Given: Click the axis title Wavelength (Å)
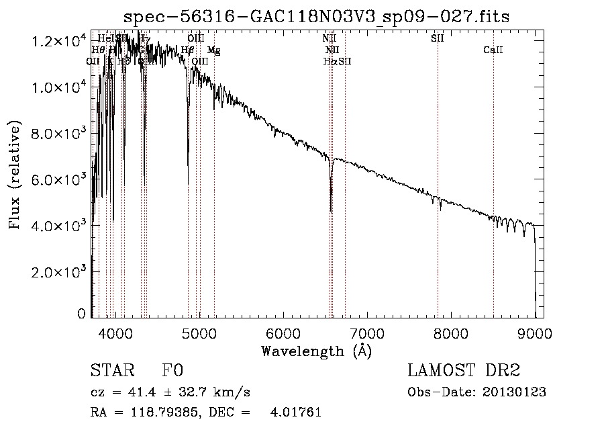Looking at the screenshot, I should [316, 351].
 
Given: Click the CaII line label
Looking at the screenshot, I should [493, 50].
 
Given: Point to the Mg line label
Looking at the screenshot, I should [213, 50].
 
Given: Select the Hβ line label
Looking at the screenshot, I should [187, 50].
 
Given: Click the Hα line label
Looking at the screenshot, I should [329, 61].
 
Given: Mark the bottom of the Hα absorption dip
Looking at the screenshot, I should [331, 212].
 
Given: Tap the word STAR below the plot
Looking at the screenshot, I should [107, 371].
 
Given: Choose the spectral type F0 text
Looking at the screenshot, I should [172, 371].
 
